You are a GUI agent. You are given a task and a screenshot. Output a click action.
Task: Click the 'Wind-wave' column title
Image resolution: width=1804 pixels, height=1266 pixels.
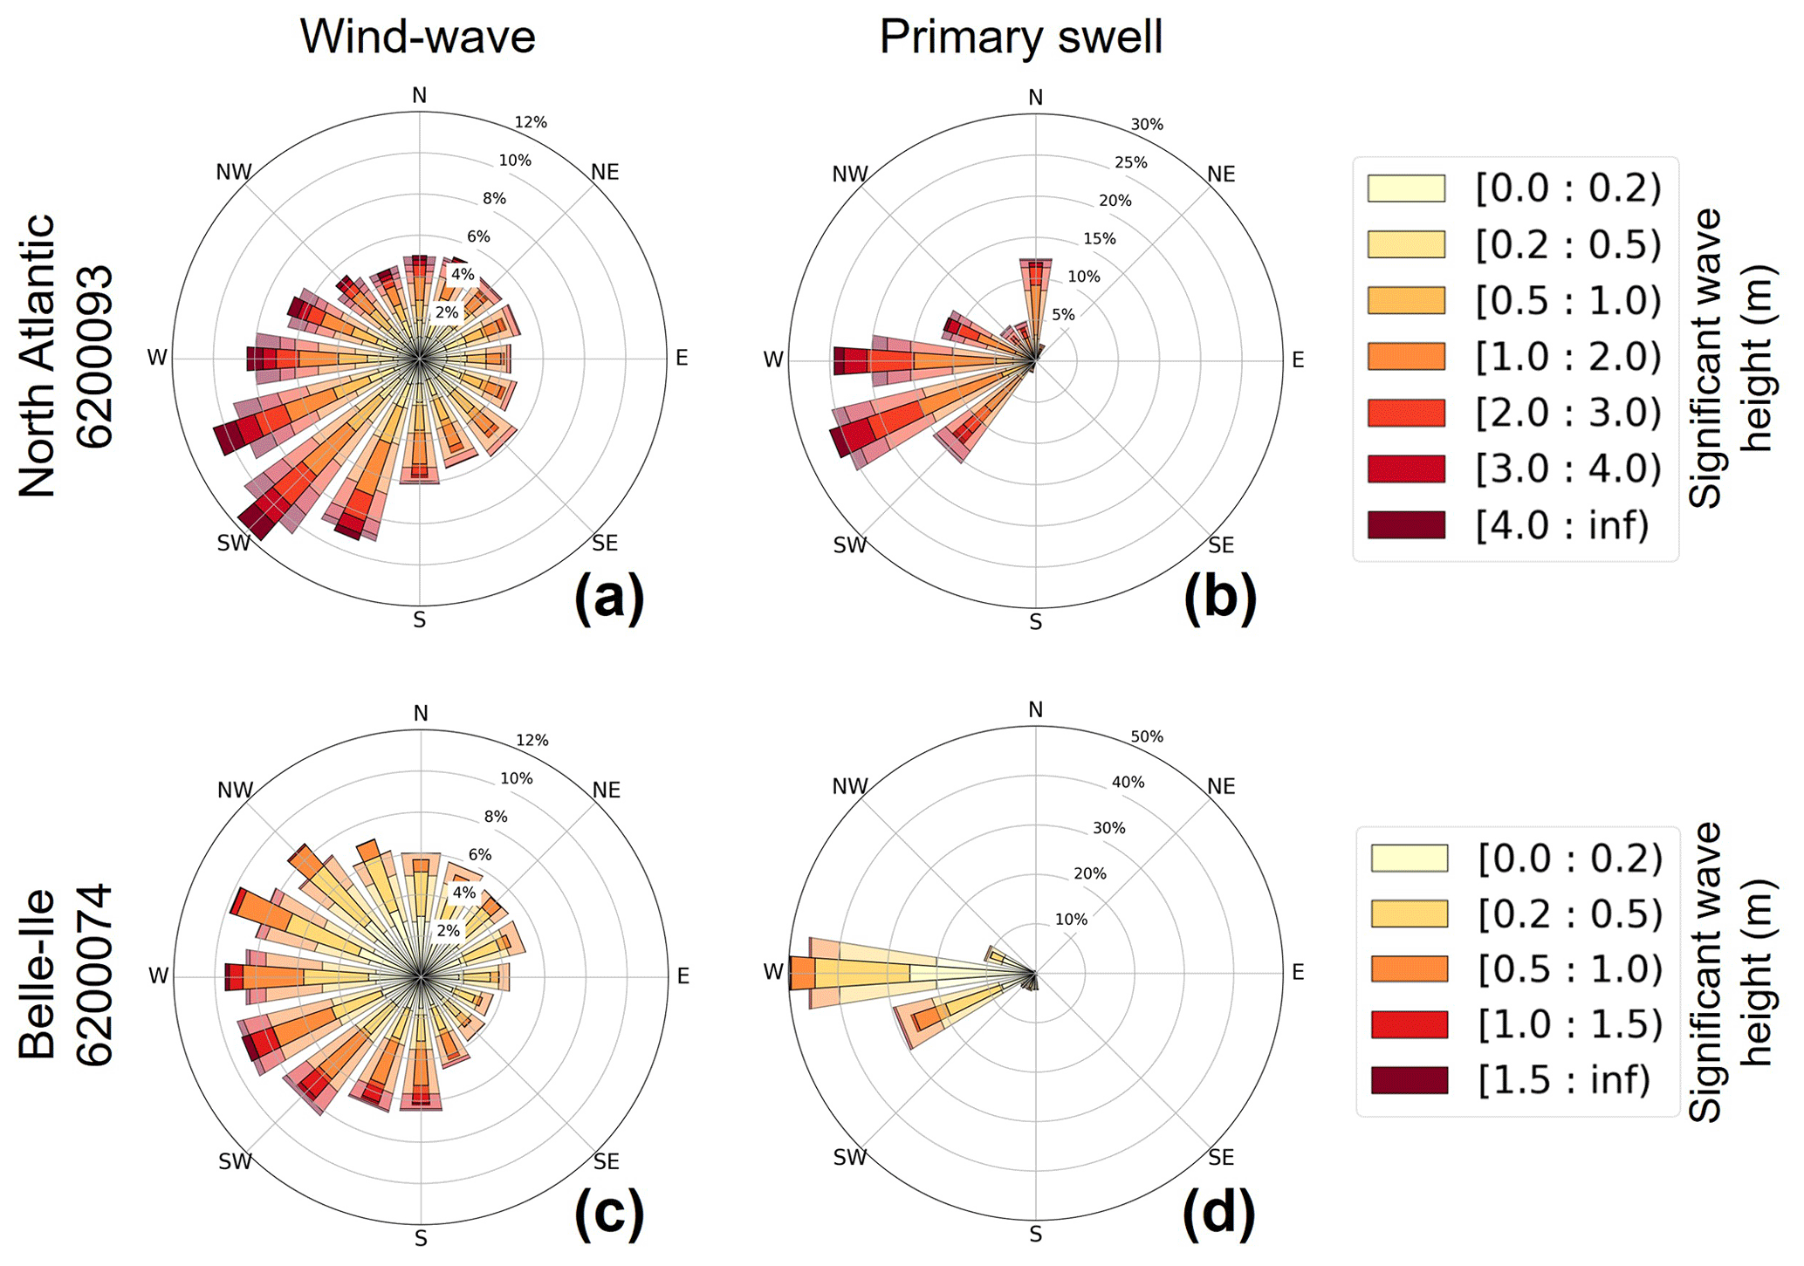(x=417, y=37)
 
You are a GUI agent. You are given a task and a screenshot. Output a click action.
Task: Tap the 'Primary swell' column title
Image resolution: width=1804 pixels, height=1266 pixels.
(x=1020, y=37)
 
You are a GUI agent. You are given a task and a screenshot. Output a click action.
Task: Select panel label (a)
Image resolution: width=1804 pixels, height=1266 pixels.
(x=609, y=599)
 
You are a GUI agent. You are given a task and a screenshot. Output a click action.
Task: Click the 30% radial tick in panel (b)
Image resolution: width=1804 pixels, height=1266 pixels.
(x=1147, y=125)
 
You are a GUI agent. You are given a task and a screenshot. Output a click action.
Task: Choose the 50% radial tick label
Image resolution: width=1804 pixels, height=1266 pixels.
(x=1147, y=737)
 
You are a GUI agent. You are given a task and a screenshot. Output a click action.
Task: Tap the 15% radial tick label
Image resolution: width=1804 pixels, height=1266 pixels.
(x=1100, y=239)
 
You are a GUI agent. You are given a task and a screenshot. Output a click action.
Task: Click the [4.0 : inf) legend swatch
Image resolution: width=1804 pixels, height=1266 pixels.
(x=1406, y=525)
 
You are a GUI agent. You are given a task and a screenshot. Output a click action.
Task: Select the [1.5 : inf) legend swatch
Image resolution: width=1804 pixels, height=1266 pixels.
(x=1409, y=1080)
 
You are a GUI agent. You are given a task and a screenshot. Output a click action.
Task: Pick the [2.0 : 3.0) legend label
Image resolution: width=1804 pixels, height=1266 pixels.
(x=1568, y=413)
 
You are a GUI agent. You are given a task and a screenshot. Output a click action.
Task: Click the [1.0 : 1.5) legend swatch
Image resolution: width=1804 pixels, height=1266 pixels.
(x=1409, y=1024)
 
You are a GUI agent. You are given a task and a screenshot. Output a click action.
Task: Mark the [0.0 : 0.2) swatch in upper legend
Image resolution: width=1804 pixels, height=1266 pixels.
(x=1406, y=188)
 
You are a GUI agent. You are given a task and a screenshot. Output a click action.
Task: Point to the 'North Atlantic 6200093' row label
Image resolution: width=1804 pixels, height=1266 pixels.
(x=65, y=356)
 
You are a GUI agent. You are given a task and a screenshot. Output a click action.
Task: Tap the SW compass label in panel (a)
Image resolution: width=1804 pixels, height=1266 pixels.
(x=234, y=544)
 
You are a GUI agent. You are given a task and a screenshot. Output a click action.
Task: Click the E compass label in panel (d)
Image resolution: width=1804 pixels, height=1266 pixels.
(x=1297, y=972)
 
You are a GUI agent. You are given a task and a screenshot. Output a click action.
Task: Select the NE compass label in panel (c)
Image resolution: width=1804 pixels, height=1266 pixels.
(x=606, y=790)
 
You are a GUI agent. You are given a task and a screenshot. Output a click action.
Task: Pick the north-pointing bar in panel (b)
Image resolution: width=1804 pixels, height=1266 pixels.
(x=1036, y=297)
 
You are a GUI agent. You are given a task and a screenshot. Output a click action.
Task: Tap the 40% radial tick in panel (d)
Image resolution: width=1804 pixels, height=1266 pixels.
(x=1128, y=783)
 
